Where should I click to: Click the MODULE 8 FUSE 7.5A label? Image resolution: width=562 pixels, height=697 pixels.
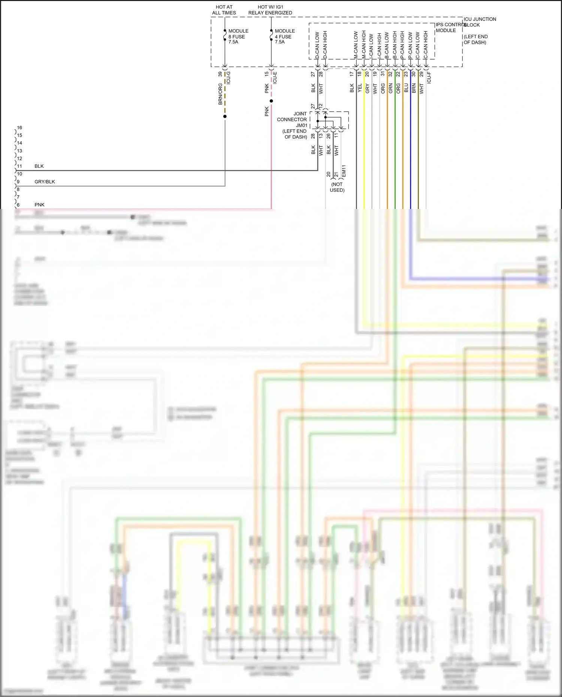[238, 36]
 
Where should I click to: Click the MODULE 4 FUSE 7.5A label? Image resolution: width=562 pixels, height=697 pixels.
[284, 36]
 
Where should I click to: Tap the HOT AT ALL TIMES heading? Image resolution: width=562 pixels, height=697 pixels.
[224, 10]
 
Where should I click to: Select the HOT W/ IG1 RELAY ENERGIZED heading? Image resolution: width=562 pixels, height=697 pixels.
[270, 10]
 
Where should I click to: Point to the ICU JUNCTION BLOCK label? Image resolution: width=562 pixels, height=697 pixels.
[480, 22]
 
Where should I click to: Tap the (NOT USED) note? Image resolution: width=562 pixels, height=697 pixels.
[337, 187]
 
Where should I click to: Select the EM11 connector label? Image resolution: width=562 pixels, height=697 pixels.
[344, 171]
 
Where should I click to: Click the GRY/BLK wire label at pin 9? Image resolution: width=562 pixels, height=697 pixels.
[45, 182]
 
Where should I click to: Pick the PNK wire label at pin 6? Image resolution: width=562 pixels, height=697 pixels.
[39, 204]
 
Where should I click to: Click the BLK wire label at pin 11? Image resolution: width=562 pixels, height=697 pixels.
[39, 166]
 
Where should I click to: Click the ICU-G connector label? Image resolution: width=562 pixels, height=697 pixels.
[228, 78]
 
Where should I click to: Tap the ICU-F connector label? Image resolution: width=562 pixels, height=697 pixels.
[429, 78]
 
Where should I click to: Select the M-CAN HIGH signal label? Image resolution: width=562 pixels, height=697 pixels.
[363, 44]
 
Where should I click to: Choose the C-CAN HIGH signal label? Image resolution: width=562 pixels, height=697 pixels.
[426, 45]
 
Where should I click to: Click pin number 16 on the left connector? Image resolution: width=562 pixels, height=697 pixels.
[19, 127]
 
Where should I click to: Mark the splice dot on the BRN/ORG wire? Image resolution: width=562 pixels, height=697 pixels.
[225, 116]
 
